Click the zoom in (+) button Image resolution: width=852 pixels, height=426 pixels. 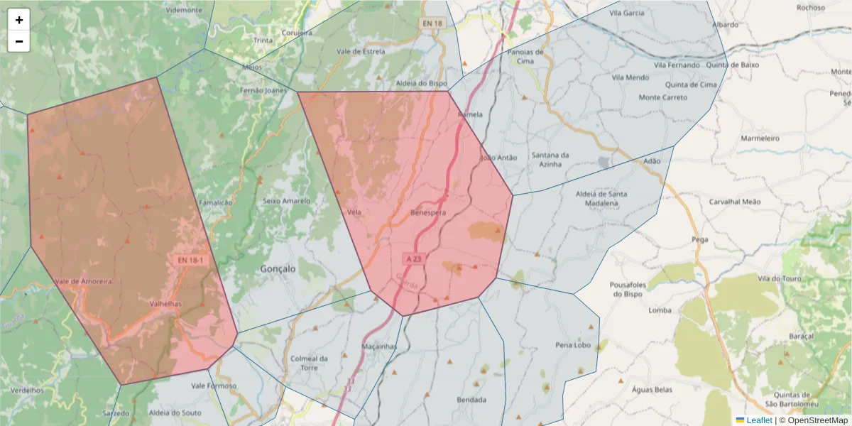point(19,20)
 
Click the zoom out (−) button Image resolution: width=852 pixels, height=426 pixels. point(19,41)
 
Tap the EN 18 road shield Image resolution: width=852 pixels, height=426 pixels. point(432,23)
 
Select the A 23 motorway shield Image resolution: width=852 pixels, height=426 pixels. point(414,259)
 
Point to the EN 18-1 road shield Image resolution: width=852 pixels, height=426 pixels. point(190,261)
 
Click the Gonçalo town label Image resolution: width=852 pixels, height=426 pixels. point(278,269)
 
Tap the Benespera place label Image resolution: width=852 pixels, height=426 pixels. point(428,213)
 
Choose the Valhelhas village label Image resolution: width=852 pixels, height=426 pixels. point(166,303)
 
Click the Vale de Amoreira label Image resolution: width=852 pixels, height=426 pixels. point(84,282)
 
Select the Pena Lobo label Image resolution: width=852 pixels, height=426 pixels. point(573,345)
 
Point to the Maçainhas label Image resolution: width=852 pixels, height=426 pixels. point(379,346)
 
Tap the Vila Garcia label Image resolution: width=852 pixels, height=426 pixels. point(627,13)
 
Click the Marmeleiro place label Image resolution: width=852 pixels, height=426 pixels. point(760,138)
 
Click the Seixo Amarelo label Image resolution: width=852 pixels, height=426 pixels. point(286,201)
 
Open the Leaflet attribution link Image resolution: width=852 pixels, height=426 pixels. point(759,420)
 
